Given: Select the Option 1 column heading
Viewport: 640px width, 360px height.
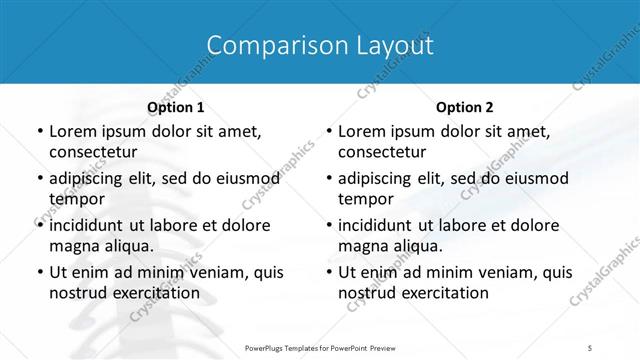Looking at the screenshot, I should pyautogui.click(x=176, y=106).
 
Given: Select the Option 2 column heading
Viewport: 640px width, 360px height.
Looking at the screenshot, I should pyautogui.click(x=465, y=106).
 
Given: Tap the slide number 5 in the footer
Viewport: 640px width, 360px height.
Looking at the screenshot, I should pyautogui.click(x=590, y=347).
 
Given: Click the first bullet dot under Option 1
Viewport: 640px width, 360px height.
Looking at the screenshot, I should pyautogui.click(x=40, y=131).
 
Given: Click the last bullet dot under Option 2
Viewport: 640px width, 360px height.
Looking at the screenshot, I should pyautogui.click(x=329, y=272).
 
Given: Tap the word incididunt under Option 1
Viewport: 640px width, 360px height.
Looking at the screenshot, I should pyautogui.click(x=89, y=225).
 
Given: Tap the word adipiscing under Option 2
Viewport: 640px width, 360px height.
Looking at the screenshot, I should pyautogui.click(x=377, y=178).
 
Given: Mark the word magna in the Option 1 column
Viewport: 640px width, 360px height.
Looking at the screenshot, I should pyautogui.click(x=72, y=246).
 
